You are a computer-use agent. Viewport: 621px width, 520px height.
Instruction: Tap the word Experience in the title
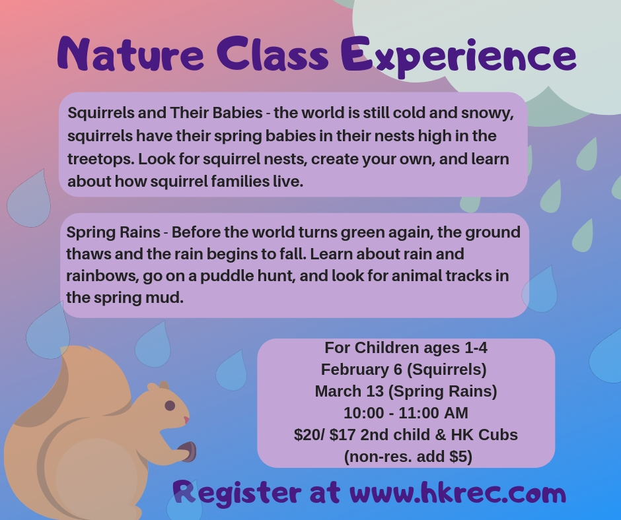[458, 55]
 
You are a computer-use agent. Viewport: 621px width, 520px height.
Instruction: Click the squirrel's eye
[170, 405]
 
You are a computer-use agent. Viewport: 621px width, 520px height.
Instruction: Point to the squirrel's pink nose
[186, 419]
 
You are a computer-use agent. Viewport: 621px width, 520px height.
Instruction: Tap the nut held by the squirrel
[188, 452]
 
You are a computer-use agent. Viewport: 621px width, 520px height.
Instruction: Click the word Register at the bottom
[235, 493]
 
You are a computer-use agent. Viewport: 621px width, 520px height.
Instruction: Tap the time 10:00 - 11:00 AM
[406, 413]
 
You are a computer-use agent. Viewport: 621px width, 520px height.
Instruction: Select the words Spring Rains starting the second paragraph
[113, 232]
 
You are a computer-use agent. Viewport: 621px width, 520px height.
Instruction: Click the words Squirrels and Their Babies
[165, 112]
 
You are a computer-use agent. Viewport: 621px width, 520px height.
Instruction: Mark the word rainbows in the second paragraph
[96, 275]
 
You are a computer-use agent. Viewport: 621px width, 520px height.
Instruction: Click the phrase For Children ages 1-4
[406, 348]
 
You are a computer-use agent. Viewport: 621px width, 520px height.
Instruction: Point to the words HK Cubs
[487, 435]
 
